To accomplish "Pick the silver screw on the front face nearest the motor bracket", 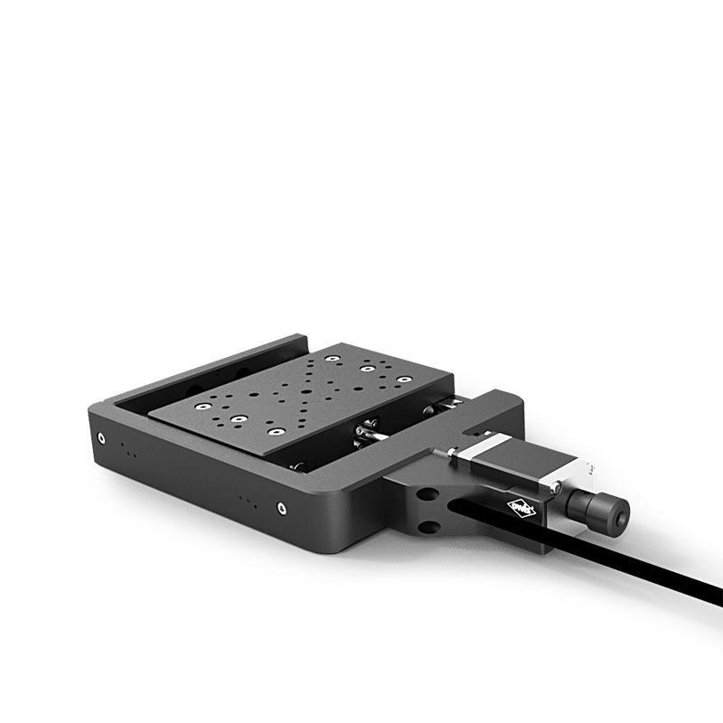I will tap(282, 508).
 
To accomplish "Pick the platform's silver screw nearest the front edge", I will tap(237, 419).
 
